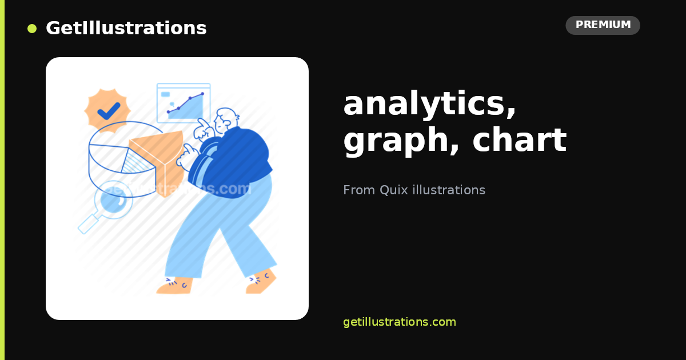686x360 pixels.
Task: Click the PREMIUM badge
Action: pos(603,25)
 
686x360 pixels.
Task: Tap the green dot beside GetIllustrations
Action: pos(32,29)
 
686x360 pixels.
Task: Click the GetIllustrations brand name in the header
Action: pos(126,28)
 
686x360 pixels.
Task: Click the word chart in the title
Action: pos(520,139)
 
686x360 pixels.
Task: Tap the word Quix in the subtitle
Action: pos(393,190)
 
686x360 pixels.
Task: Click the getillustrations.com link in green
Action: pos(400,322)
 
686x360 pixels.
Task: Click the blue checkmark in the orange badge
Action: pos(109,111)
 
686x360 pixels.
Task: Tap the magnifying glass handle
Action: pos(88,223)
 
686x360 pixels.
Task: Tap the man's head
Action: pos(226,119)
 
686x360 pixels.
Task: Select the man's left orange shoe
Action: pos(174,286)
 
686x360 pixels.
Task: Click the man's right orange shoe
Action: pos(261,282)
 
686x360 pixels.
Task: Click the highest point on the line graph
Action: pos(202,94)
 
